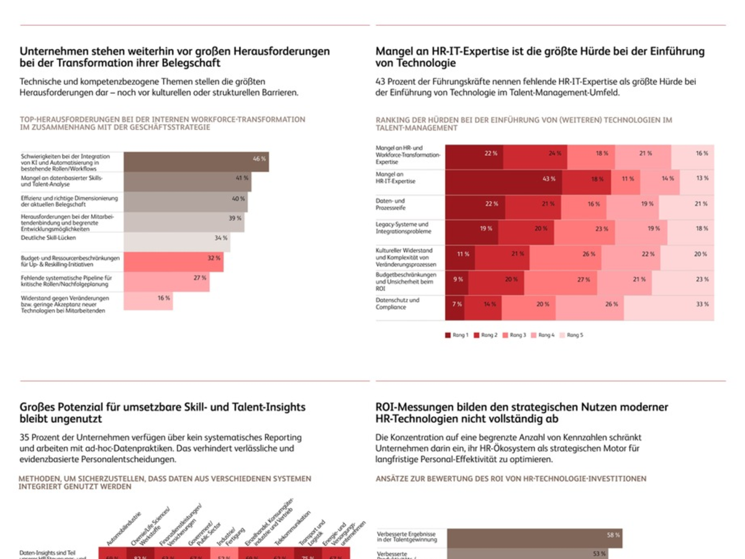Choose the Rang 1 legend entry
[x=456, y=335]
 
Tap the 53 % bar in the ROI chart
[x=528, y=554]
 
